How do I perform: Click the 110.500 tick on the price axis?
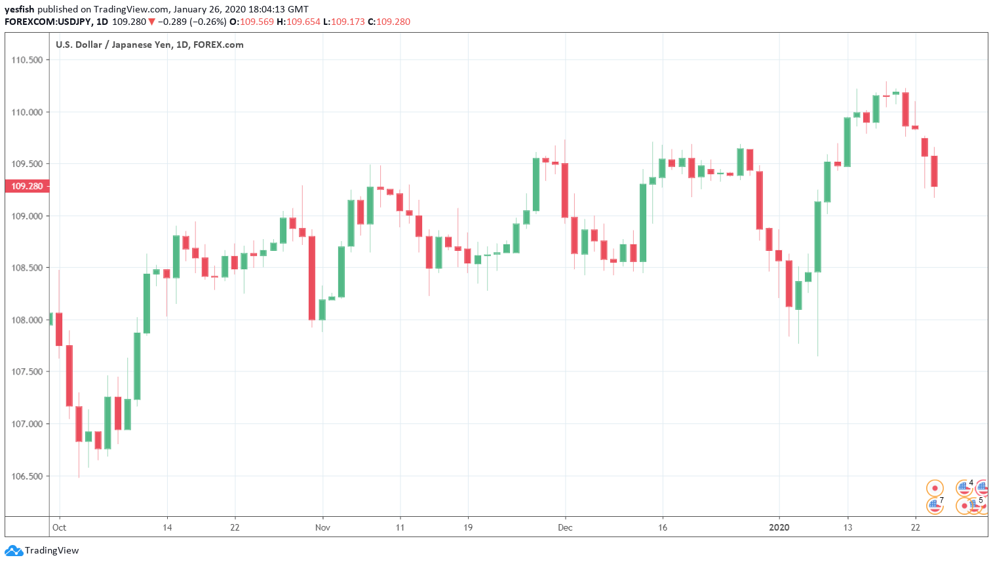[27, 60]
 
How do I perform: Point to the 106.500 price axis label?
[27, 476]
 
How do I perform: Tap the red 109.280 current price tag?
[27, 186]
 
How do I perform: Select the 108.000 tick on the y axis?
[27, 320]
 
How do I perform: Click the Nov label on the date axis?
[322, 527]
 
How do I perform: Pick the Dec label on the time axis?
[565, 527]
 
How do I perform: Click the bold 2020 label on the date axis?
[779, 527]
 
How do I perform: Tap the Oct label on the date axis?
[59, 527]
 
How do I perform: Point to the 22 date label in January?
[916, 527]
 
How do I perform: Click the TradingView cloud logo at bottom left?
[14, 551]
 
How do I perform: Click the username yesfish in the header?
[19, 9]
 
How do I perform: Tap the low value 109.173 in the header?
[347, 22]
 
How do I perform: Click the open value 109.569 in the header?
[257, 22]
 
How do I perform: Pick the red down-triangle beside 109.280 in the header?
[151, 22]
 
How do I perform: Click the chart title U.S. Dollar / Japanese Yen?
[111, 45]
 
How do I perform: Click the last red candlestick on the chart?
[934, 171]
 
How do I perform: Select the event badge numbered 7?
[935, 505]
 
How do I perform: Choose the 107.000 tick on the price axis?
[27, 424]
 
